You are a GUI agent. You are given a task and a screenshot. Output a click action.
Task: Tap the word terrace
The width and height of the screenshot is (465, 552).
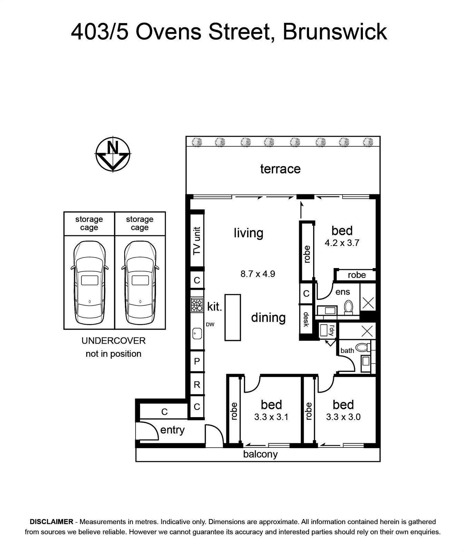coord(280,169)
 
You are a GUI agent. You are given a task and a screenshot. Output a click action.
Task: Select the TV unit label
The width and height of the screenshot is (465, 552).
coord(197,240)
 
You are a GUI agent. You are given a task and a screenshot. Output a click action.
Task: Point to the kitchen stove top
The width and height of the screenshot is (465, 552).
coord(197,305)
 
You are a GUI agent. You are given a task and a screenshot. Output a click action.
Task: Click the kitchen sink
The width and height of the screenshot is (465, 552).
coord(197,333)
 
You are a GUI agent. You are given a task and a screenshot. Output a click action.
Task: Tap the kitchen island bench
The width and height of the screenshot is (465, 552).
coord(232,317)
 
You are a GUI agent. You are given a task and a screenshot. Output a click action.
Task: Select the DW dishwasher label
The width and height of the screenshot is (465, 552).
coord(210,324)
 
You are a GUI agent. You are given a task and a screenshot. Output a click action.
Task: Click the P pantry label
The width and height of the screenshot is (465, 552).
coord(197,361)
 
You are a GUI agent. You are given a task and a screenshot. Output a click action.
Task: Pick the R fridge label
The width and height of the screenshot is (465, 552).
coord(197,384)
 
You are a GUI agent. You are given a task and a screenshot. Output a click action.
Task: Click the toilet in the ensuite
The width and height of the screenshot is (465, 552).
coord(348,307)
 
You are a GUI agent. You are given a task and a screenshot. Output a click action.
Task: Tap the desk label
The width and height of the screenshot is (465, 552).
coord(306,319)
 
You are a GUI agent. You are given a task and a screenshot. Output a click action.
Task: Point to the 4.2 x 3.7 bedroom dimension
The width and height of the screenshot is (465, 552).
coord(342,243)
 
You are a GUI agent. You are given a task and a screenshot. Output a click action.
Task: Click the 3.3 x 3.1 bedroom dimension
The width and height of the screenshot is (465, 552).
coord(271,417)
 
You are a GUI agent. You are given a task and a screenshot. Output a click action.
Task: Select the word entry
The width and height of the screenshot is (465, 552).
coord(172,430)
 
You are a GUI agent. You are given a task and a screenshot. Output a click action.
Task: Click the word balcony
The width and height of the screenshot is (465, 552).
coord(260,454)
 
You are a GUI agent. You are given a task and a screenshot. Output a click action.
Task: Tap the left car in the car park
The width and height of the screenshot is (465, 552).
coord(89,283)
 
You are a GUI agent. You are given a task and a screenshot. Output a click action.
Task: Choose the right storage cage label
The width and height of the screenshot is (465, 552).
coord(140,223)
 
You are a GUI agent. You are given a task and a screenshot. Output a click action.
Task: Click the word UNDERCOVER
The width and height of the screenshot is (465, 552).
coord(113,341)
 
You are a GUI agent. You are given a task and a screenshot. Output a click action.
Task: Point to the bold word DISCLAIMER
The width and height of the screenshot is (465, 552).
coord(52,522)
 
